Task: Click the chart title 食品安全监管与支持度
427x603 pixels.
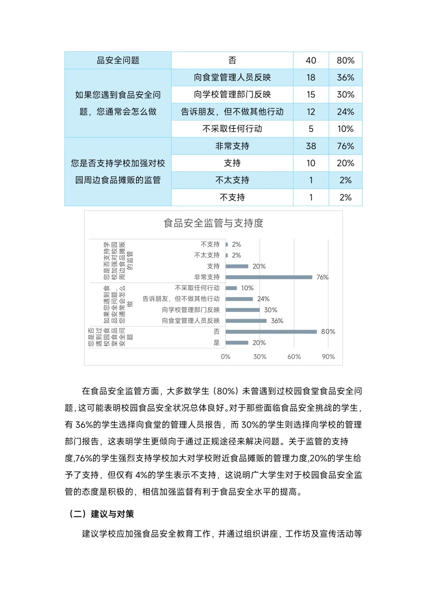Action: [213, 223]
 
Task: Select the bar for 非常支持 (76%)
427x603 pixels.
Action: [269, 277]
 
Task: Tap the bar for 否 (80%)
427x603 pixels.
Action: [271, 332]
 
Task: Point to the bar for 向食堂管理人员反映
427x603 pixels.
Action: [246, 321]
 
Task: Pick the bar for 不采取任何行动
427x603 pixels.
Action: [231, 288]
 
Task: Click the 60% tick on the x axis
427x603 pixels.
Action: [294, 357]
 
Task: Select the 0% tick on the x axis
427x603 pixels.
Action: [225, 357]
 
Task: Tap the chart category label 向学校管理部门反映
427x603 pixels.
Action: [191, 310]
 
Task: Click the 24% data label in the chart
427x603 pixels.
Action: [263, 299]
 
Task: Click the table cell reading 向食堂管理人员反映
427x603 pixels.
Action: [232, 77]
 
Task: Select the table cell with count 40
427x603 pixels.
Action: [311, 60]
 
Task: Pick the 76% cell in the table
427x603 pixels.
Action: [345, 146]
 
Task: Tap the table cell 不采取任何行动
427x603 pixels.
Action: [232, 129]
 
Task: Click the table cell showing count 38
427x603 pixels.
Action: [311, 146]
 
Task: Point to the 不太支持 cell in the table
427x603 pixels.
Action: [232, 180]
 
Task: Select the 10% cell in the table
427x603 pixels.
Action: [345, 129]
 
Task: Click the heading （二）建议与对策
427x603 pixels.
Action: [102, 514]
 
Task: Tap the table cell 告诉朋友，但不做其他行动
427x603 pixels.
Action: [232, 112]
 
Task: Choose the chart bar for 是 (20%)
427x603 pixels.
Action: [237, 343]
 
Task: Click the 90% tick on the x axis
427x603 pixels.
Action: [328, 357]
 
